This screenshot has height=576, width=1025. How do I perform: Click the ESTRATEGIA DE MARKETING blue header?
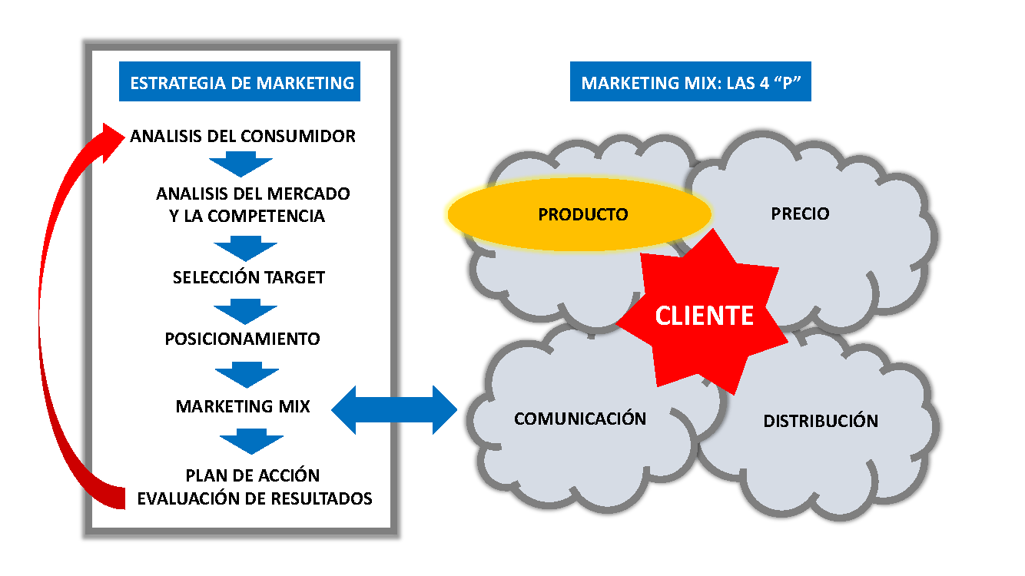click(x=242, y=82)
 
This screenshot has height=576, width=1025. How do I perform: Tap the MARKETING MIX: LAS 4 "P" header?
click(x=690, y=82)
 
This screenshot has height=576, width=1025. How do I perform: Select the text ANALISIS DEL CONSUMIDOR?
click(x=243, y=136)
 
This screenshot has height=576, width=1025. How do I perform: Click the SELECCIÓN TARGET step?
click(x=249, y=277)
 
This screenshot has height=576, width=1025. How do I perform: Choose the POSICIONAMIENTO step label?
click(x=242, y=339)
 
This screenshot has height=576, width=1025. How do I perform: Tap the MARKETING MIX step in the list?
click(x=243, y=406)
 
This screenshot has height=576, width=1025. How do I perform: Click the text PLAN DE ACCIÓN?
click(x=253, y=475)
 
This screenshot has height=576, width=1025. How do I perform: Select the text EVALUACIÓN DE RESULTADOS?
click(x=254, y=498)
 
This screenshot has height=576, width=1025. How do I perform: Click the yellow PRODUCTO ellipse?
click(x=580, y=214)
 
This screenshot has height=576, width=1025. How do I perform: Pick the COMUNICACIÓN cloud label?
click(x=580, y=419)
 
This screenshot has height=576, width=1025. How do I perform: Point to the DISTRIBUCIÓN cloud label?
click(x=820, y=421)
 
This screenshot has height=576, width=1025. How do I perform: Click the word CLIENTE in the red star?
click(x=704, y=316)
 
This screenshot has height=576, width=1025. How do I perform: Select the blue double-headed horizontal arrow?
click(x=394, y=409)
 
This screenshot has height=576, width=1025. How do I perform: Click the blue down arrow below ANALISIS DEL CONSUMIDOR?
click(x=241, y=164)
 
